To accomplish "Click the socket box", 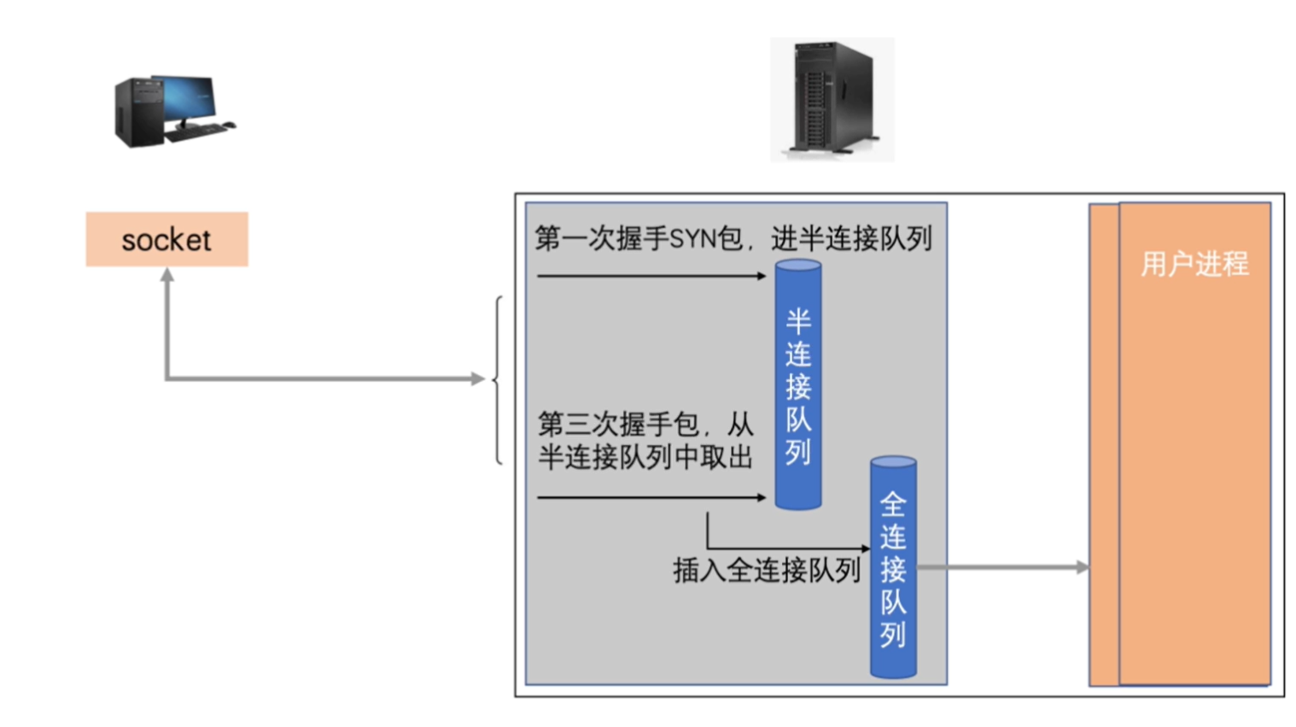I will pyautogui.click(x=166, y=239).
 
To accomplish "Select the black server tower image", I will pyautogui.click(x=832, y=98).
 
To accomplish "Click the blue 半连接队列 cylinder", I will pyautogui.click(x=798, y=384).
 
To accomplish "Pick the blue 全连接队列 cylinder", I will pyautogui.click(x=893, y=568).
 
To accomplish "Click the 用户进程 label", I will pyautogui.click(x=1194, y=264).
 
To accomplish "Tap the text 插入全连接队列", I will pyautogui.click(x=766, y=570).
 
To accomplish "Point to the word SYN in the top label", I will pyautogui.click(x=692, y=238).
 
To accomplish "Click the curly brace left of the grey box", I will pyautogui.click(x=498, y=379).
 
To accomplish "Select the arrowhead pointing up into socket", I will pyautogui.click(x=167, y=274).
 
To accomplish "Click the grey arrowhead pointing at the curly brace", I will pyautogui.click(x=478, y=378).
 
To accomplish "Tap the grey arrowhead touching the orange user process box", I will pyautogui.click(x=1082, y=566).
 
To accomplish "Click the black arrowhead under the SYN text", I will pyautogui.click(x=762, y=276).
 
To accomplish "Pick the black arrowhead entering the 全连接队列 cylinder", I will pyautogui.click(x=865, y=548).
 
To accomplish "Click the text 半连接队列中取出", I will pyautogui.click(x=645, y=458).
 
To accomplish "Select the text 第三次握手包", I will pyautogui.click(x=618, y=424).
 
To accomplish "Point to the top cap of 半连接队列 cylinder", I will pyautogui.click(x=798, y=266).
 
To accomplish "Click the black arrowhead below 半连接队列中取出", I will pyautogui.click(x=762, y=497).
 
